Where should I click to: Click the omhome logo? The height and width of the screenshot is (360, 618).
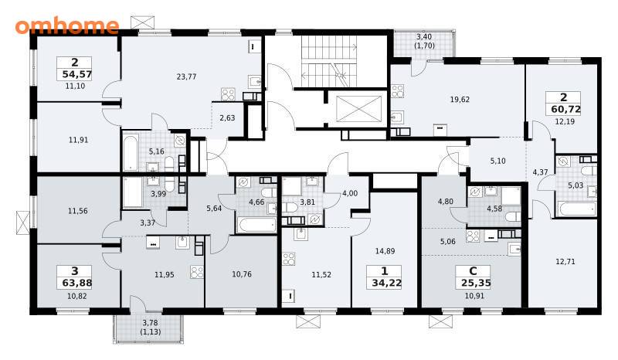point(67,26)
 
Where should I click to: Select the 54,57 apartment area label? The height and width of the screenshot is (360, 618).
point(76,73)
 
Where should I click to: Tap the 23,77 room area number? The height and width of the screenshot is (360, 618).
point(186,76)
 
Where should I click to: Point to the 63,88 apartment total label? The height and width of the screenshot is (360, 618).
point(76,283)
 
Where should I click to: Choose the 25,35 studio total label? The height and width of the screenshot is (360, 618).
point(476,283)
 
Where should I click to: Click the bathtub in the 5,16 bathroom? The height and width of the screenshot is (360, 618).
point(131,152)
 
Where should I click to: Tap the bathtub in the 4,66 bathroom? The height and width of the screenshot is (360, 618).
point(256,225)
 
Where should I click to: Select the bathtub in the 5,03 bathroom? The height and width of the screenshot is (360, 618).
point(576,208)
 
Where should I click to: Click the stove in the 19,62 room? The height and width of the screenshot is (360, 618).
point(397,91)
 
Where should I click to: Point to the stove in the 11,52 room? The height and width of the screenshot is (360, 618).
point(288,259)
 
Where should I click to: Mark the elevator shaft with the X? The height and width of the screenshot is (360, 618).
point(358,109)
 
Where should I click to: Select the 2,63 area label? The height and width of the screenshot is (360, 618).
point(227,117)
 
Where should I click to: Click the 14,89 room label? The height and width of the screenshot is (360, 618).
point(385,251)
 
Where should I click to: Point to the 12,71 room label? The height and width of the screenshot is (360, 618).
point(565,261)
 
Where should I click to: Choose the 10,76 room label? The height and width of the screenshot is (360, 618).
point(242,274)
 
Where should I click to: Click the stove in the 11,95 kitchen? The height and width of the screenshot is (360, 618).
point(197,272)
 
